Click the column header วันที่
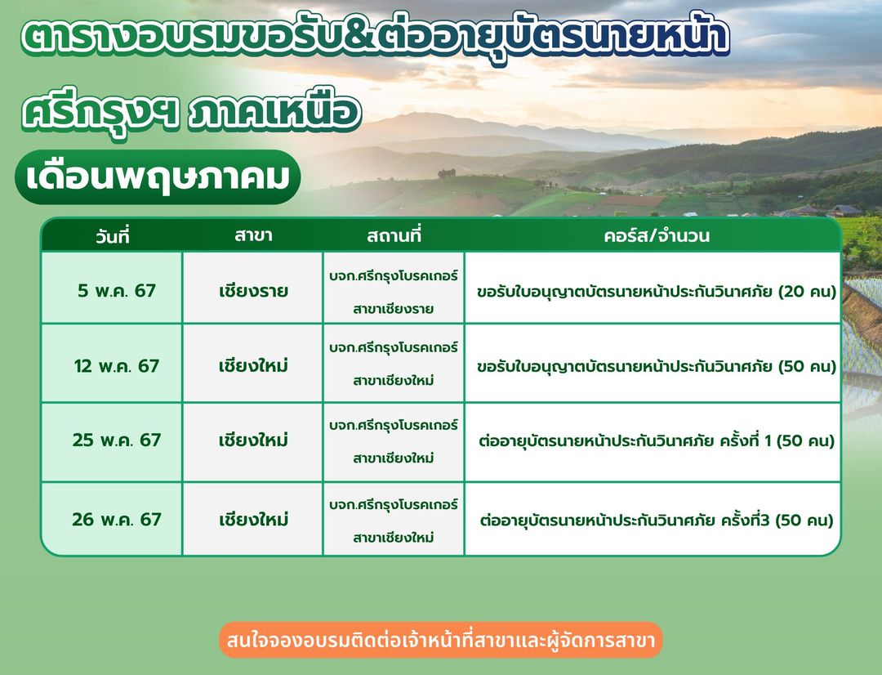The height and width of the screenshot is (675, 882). pyautogui.click(x=113, y=236)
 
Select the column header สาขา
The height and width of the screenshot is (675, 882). pyautogui.click(x=253, y=235)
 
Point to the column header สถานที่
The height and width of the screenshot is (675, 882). pyautogui.click(x=394, y=235)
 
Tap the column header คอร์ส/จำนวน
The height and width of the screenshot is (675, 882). pyautogui.click(x=657, y=235)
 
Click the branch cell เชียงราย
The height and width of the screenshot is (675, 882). pyautogui.click(x=253, y=291)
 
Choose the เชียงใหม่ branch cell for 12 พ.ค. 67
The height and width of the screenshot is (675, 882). pyautogui.click(x=253, y=366)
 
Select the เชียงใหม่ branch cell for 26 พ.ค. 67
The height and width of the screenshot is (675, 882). pyautogui.click(x=253, y=519)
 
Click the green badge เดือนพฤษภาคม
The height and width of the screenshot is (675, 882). pyautogui.click(x=158, y=177)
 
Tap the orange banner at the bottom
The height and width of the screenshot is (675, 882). pyautogui.click(x=441, y=640)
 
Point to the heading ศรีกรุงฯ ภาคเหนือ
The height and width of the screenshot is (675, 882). pyautogui.click(x=190, y=111)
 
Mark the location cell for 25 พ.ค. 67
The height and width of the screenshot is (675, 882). pyautogui.click(x=393, y=441)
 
